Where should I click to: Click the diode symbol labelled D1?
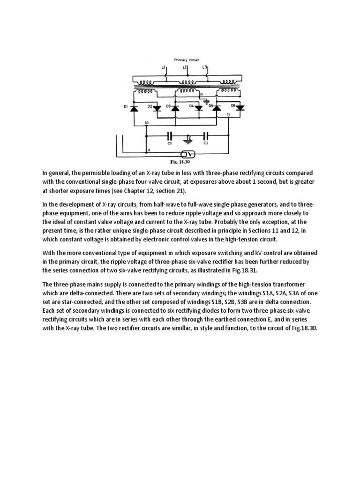click(134, 108)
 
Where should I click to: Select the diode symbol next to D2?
click(157, 107)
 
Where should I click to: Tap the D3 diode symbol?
click(175, 108)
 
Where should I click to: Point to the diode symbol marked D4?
click(198, 107)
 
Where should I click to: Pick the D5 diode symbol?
click(217, 108)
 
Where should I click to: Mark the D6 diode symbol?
click(240, 107)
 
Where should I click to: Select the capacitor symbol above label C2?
click(206, 136)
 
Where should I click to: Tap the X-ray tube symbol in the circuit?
click(188, 154)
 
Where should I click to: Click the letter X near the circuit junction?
click(149, 150)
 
